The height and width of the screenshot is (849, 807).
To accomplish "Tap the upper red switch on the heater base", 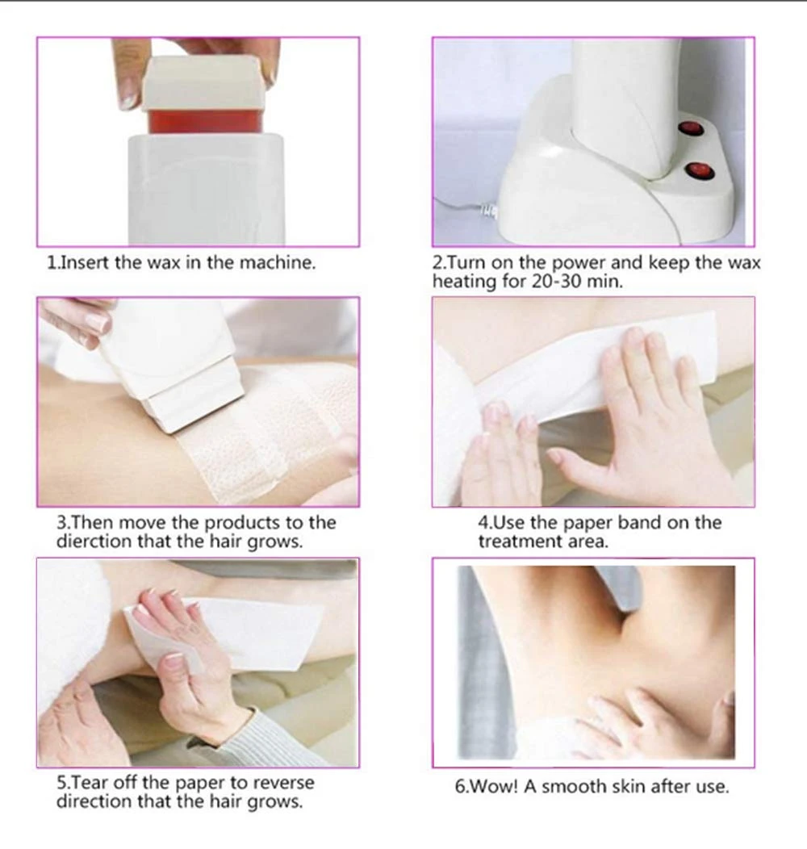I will pyautogui.click(x=689, y=128).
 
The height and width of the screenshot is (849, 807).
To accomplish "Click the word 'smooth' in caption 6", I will pyautogui.click(x=570, y=786).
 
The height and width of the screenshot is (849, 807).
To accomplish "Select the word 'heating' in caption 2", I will pyautogui.click(x=465, y=282).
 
